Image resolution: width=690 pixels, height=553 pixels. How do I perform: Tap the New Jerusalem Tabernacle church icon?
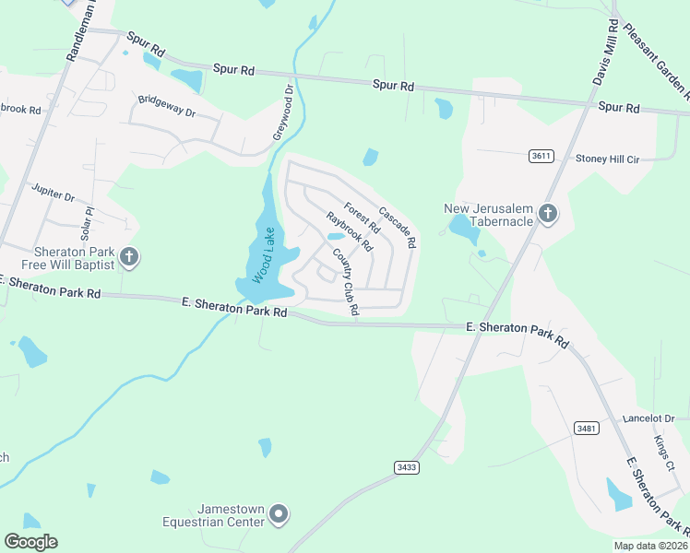(548, 215)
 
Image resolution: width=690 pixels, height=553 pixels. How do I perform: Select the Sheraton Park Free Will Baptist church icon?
(129, 257)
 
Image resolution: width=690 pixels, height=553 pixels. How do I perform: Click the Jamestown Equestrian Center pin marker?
(280, 514)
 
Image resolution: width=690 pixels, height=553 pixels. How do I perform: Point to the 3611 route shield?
(541, 156)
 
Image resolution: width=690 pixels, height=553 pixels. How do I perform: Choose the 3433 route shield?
(406, 467)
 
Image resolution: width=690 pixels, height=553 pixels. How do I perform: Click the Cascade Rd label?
(398, 227)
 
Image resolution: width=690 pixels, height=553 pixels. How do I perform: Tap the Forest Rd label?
(362, 218)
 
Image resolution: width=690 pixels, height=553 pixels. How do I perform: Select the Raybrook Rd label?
(349, 232)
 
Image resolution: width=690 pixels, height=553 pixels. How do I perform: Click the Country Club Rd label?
(345, 283)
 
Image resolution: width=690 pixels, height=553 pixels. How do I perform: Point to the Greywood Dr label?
(281, 113)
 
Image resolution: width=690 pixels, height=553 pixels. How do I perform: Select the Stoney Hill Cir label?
(608, 159)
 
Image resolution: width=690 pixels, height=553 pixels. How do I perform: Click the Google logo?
(30, 542)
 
